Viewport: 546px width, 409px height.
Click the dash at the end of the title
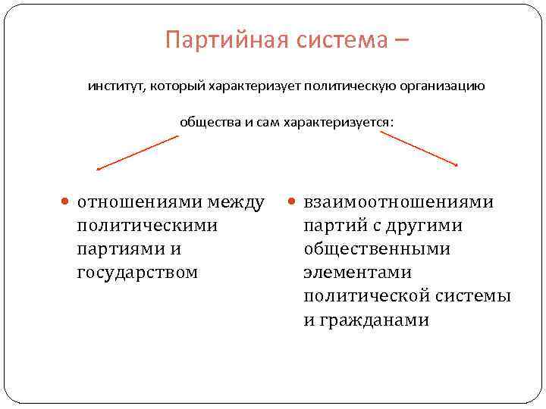401,40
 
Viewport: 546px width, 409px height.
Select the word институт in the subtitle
114,86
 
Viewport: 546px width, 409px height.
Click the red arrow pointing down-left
137,152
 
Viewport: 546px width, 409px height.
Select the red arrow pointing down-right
419,148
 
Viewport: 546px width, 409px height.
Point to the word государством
137,272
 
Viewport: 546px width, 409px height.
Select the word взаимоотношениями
398,202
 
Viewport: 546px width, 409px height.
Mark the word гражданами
366,320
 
